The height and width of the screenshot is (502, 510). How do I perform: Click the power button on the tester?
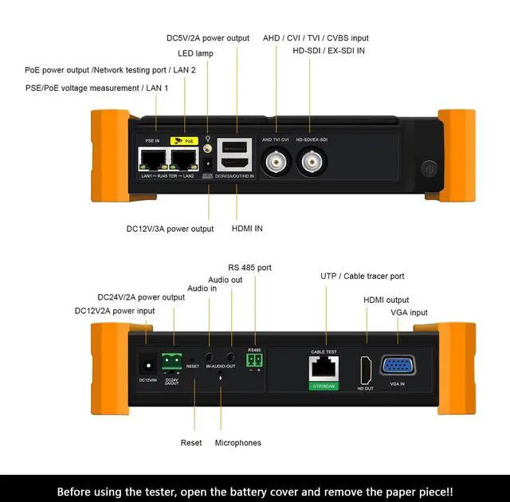(430, 169)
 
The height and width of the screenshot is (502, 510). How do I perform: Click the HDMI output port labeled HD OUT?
(366, 368)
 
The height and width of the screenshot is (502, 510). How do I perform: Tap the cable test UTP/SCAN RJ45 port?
(324, 367)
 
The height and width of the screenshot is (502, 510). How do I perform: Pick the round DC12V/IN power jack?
(147, 363)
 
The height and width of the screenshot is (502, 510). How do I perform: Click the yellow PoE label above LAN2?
(185, 140)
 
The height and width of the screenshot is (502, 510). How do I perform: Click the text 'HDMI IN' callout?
(247, 229)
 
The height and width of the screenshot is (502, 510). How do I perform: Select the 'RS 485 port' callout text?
(249, 268)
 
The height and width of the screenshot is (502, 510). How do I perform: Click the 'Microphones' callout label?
(237, 442)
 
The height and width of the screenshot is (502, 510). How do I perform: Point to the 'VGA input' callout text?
(409, 312)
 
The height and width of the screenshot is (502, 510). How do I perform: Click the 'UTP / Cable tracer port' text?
(362, 276)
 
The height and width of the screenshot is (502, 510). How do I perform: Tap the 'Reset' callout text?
(191, 442)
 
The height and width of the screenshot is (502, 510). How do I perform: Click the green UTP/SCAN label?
(324, 386)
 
